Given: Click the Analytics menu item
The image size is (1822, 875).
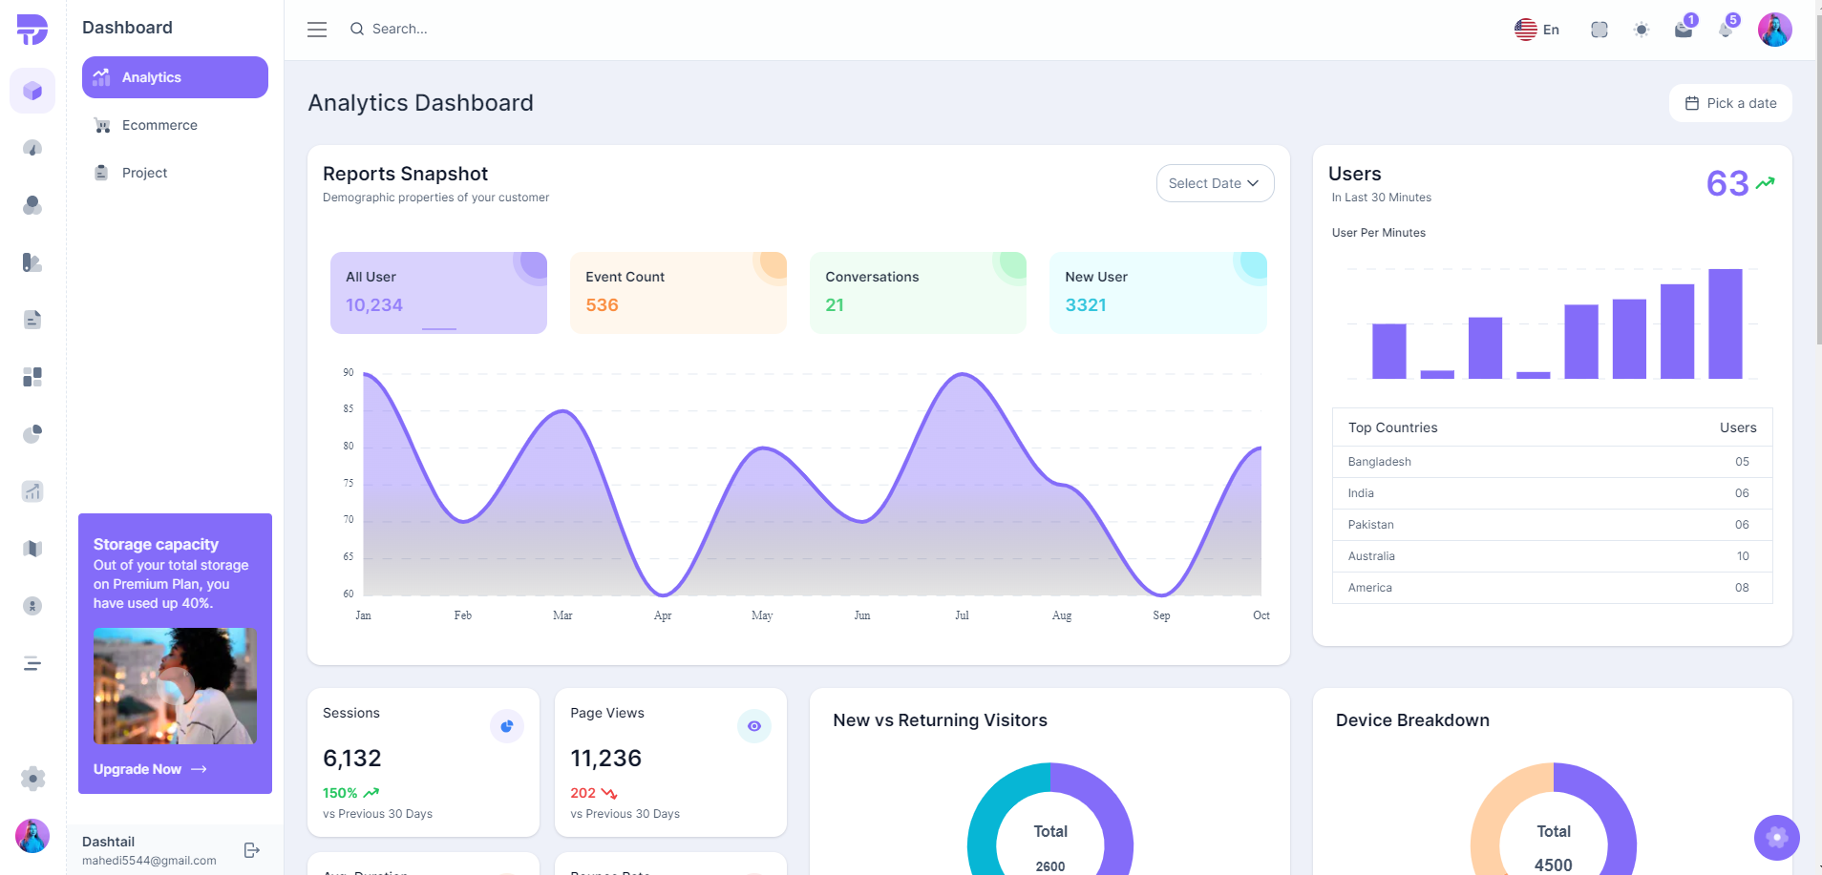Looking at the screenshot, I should pyautogui.click(x=175, y=77).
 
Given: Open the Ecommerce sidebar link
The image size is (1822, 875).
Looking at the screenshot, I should pyautogui.click(x=159, y=125).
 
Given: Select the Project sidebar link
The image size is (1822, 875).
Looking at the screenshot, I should pyautogui.click(x=144, y=173).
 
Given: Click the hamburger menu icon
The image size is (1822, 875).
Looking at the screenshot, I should pyautogui.click(x=317, y=30).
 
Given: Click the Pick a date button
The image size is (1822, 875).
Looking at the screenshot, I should pyautogui.click(x=1730, y=103).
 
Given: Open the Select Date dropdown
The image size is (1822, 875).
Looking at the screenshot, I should pyautogui.click(x=1214, y=183).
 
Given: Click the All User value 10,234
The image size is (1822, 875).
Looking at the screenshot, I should pyautogui.click(x=374, y=305).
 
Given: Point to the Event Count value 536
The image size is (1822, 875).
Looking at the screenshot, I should pyautogui.click(x=602, y=305).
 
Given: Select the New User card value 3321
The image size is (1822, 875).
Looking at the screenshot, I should pyautogui.click(x=1086, y=305).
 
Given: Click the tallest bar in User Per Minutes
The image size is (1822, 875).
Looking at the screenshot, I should pyautogui.click(x=1725, y=324).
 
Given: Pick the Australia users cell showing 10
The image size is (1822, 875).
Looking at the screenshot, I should pyautogui.click(x=1742, y=556).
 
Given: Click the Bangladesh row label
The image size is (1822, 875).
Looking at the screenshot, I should pyautogui.click(x=1379, y=462).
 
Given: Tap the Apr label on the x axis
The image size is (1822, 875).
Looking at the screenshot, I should pyautogui.click(x=663, y=615).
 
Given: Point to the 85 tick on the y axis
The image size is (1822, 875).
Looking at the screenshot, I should pyautogui.click(x=349, y=409).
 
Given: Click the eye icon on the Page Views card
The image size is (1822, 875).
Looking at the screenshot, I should pyautogui.click(x=753, y=726).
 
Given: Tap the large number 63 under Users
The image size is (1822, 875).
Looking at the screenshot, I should pyautogui.click(x=1727, y=183).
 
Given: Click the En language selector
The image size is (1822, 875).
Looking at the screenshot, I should pyautogui.click(x=1536, y=30).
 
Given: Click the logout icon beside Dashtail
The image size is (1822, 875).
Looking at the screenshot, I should pyautogui.click(x=252, y=850).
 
